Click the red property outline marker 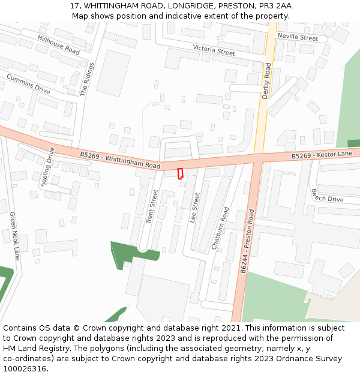[180, 173]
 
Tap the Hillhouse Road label [58, 44]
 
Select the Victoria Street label [214, 50]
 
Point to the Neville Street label [298, 38]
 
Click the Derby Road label [267, 81]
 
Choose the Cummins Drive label [28, 83]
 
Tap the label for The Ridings [88, 79]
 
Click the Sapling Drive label [47, 167]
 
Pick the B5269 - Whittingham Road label [120, 160]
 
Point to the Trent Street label [152, 207]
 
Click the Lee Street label [195, 208]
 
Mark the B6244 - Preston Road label [247, 241]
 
